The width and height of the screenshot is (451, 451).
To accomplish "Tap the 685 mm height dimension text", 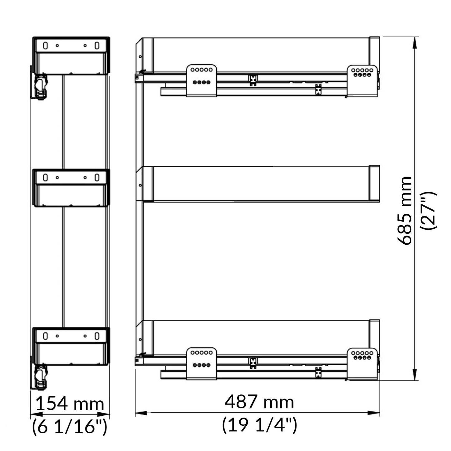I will point(405,211).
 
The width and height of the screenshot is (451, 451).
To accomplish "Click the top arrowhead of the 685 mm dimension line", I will point(415,42).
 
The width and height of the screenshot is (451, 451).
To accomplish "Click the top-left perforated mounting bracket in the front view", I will point(201,81).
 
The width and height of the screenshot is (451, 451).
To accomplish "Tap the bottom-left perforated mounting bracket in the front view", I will point(201,363).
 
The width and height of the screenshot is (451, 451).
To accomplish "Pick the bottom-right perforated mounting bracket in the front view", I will point(362,363).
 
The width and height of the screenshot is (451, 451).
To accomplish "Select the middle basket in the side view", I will point(71,188).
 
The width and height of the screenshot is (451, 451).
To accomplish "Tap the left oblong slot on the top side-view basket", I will point(45,46).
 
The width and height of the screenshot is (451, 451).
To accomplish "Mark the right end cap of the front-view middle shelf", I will point(374,183).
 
